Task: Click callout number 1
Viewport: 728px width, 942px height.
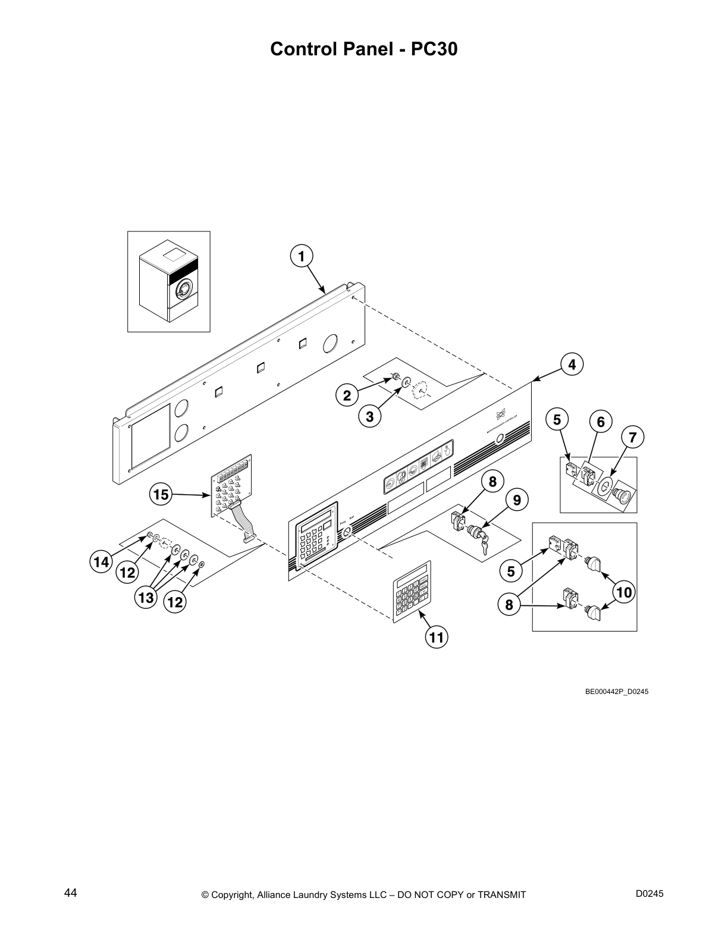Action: [x=302, y=256]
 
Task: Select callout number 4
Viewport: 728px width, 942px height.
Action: [x=572, y=364]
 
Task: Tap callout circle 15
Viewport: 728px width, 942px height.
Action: [x=161, y=494]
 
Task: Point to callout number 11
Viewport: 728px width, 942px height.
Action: [x=436, y=638]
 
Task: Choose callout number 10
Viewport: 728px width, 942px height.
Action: [x=624, y=592]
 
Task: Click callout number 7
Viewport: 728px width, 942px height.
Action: [x=632, y=438]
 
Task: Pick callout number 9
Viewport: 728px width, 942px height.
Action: [x=516, y=500]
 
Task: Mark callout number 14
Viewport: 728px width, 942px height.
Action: [x=101, y=561]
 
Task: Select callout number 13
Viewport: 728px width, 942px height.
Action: [x=146, y=598]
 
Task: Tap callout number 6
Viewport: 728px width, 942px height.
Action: [x=600, y=422]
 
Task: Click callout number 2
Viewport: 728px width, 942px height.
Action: [x=347, y=394]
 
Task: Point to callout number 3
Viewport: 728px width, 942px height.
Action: [x=369, y=417]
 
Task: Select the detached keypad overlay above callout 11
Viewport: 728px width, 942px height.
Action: [x=411, y=589]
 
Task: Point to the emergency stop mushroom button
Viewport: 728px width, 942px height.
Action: [x=623, y=494]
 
